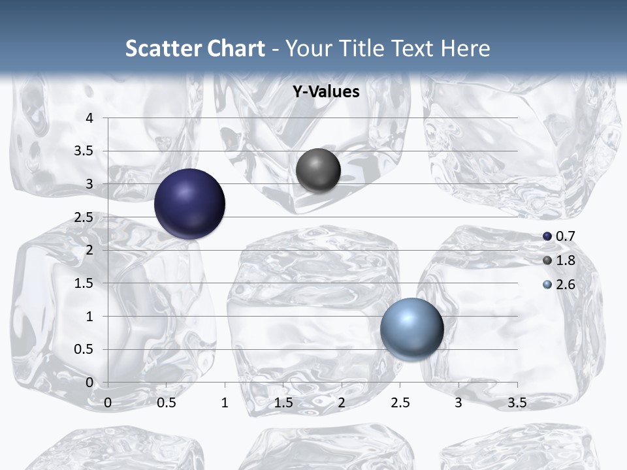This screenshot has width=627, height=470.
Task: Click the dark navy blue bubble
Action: [x=189, y=204]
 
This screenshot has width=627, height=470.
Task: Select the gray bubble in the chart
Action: [x=318, y=170]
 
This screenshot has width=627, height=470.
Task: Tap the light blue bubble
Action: [x=411, y=329]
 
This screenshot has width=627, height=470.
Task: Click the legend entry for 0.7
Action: [x=559, y=236]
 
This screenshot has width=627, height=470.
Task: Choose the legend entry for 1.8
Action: [x=559, y=260]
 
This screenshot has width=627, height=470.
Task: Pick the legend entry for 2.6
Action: [x=559, y=285]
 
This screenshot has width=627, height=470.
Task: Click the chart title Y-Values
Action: [x=326, y=92]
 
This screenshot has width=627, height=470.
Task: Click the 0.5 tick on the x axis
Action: [x=167, y=403]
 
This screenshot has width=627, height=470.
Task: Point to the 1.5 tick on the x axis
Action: [x=283, y=403]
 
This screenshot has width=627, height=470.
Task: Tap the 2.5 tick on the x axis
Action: [x=400, y=403]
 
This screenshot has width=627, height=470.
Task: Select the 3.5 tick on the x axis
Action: [x=517, y=403]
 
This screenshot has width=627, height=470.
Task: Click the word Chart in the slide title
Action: [x=236, y=48]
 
